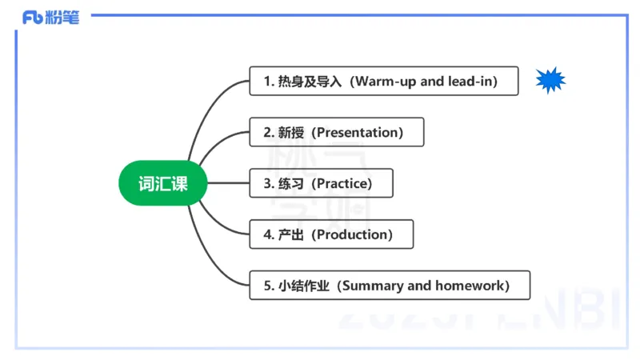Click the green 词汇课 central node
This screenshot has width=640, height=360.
tap(163, 183)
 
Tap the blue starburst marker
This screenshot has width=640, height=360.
tap(550, 80)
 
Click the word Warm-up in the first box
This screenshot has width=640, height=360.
tap(387, 82)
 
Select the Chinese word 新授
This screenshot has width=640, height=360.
tap(290, 132)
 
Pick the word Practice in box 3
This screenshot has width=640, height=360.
tap(343, 183)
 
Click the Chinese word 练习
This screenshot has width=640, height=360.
tap(290, 183)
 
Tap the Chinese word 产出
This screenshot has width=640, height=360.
tap(290, 234)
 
